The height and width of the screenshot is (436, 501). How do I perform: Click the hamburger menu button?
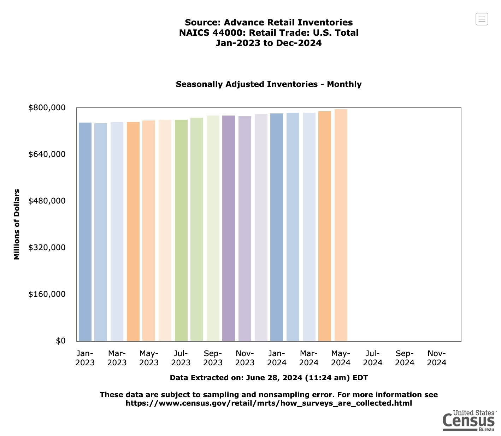click(482, 19)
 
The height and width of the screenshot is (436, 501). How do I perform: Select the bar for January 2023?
click(85, 231)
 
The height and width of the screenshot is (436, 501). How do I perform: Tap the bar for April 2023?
click(133, 231)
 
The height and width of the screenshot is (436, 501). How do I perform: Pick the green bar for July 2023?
click(181, 230)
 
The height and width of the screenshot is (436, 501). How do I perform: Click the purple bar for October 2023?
click(229, 228)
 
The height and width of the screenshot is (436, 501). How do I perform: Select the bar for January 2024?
click(277, 227)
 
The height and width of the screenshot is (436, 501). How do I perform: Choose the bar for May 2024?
click(341, 225)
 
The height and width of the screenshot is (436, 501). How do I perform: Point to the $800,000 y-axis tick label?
click(47, 107)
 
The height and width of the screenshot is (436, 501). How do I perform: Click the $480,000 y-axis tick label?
click(47, 201)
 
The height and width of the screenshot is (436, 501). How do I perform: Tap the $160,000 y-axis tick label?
click(47, 294)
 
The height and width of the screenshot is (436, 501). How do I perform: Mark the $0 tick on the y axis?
click(61, 341)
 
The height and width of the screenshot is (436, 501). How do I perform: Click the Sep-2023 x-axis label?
click(213, 358)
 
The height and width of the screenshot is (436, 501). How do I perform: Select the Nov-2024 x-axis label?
click(437, 358)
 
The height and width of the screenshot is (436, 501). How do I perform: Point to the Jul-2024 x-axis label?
click(373, 358)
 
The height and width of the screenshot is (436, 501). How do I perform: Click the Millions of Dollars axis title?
click(17, 224)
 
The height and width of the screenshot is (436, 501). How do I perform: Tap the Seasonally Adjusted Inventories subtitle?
click(269, 84)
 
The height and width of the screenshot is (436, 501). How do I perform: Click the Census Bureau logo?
click(469, 420)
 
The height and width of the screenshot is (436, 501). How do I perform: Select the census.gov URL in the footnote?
click(269, 403)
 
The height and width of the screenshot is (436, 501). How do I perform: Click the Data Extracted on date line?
click(269, 378)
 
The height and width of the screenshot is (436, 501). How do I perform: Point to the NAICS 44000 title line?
click(269, 33)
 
